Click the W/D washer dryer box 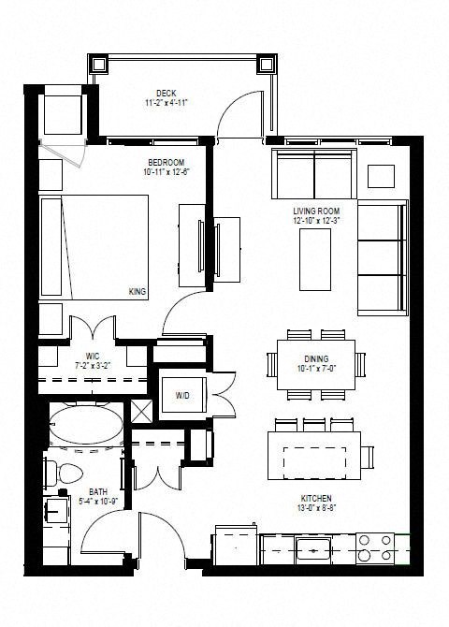[x=182, y=394]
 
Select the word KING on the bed [x=138, y=292]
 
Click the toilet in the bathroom [x=65, y=473]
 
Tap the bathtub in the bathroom [x=83, y=429]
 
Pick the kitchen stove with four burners [x=377, y=547]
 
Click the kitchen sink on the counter [x=312, y=547]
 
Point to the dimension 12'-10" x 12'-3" [x=315, y=222]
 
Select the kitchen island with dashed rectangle [x=314, y=456]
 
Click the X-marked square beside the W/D [x=142, y=410]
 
